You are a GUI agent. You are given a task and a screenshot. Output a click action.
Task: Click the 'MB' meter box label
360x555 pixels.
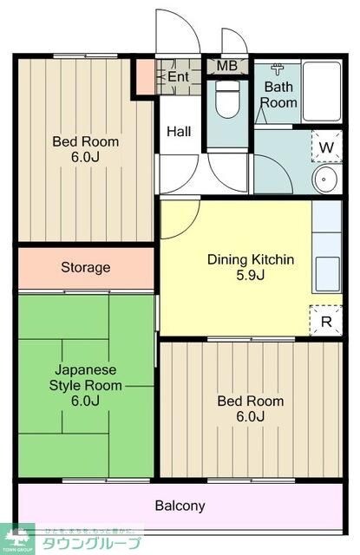(x=226, y=66)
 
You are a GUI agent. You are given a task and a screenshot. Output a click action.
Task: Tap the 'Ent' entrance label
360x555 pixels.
(x=178, y=77)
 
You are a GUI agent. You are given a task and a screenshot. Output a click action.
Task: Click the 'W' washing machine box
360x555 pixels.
(x=326, y=147)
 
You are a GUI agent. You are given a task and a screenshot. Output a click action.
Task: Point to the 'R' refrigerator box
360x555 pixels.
(x=326, y=322)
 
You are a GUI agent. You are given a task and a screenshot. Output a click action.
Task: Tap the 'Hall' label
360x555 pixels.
(x=179, y=132)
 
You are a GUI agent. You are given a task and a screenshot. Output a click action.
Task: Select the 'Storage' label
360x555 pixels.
(x=85, y=267)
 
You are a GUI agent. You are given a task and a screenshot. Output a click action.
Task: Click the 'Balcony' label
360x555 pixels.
(x=180, y=506)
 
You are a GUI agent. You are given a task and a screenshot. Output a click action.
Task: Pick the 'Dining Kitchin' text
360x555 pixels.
(x=250, y=259)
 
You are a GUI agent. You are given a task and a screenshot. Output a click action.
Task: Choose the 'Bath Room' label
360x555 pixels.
(x=280, y=95)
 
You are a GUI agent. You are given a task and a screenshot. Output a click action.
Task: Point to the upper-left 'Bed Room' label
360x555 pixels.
(x=85, y=142)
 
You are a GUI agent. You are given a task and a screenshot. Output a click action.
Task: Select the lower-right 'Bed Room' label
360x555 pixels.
(x=250, y=402)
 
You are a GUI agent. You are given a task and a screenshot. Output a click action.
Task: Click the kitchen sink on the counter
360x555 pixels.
(x=329, y=275)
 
